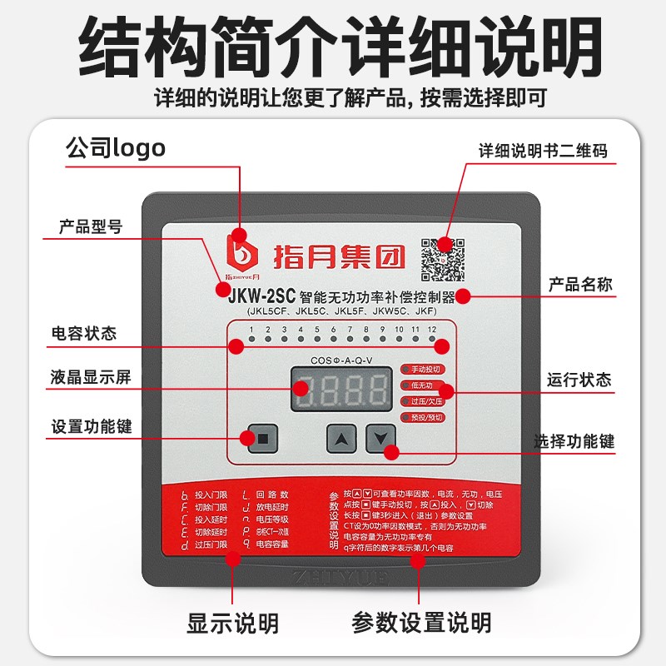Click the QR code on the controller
pyautogui.click(x=442, y=259)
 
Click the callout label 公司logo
pyautogui.click(x=116, y=148)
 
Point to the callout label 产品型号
pyautogui.click(x=91, y=226)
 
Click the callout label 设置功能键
pyautogui.click(x=91, y=427)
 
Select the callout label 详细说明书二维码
pyautogui.click(x=543, y=152)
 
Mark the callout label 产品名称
pyautogui.click(x=580, y=284)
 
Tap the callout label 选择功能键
pyautogui.click(x=574, y=440)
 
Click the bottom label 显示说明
pyautogui.click(x=232, y=622)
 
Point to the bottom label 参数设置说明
pyautogui.click(x=421, y=622)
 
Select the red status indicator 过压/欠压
pyautogui.click(x=425, y=400)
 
